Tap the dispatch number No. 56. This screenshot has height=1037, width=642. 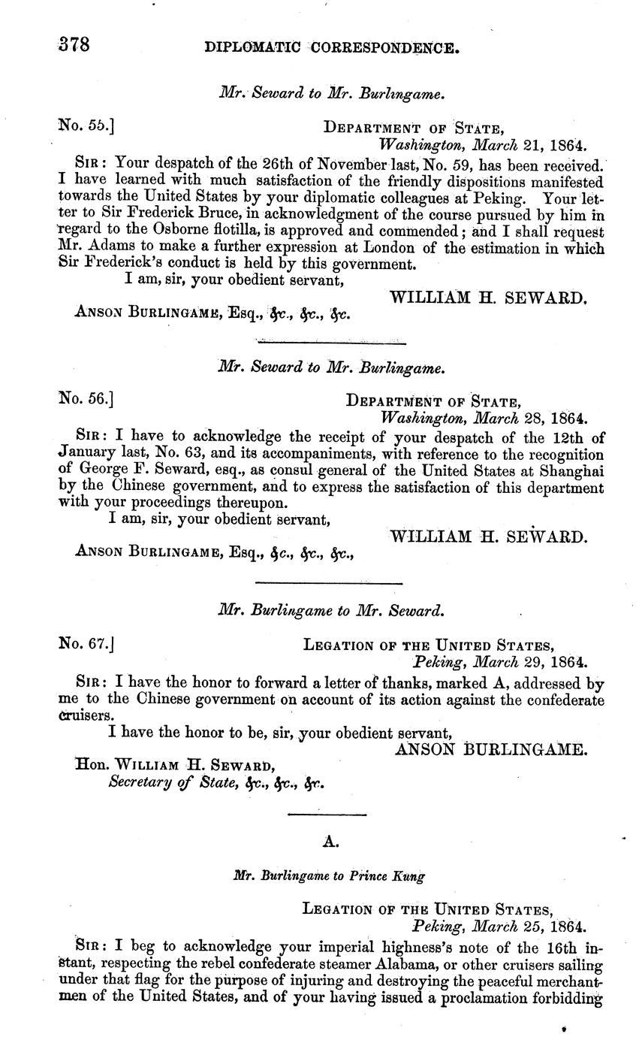tap(85, 398)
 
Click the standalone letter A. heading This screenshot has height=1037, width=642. tap(330, 842)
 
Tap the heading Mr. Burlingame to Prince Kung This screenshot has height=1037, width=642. tap(330, 876)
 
